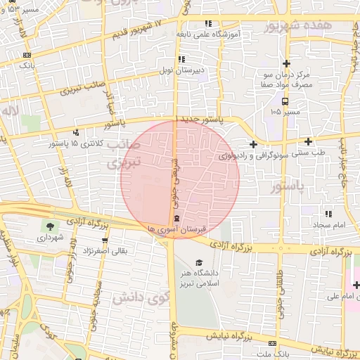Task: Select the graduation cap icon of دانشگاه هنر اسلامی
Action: (x=199, y=263)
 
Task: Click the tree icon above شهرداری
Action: (x=51, y=226)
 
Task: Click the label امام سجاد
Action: (x=328, y=224)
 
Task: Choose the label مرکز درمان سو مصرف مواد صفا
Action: (x=285, y=79)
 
